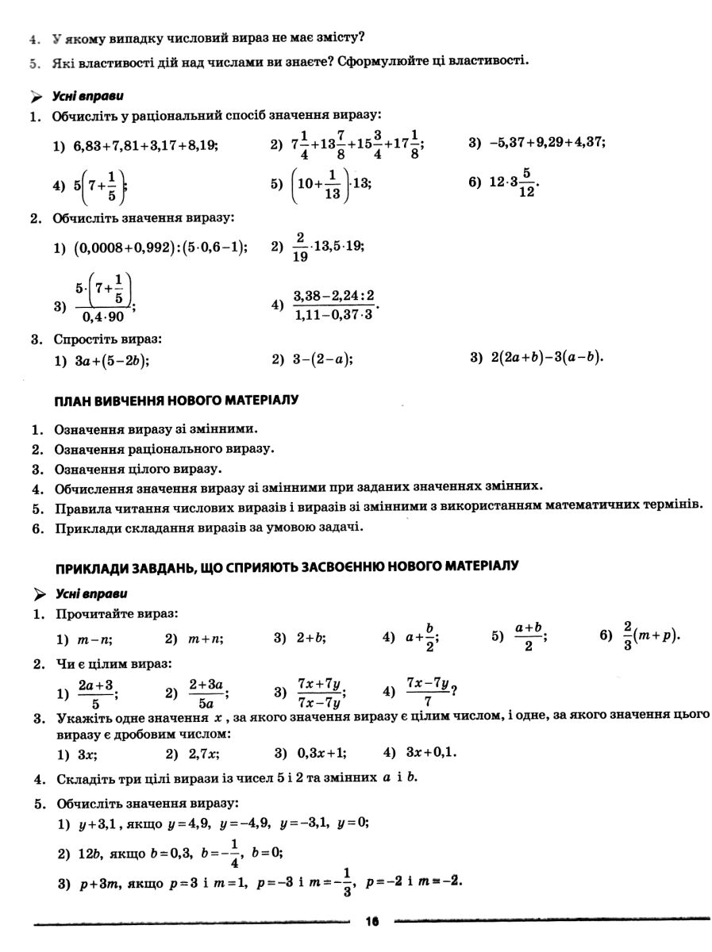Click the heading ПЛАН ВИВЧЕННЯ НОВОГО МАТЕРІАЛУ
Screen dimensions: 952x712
pyautogui.click(x=175, y=400)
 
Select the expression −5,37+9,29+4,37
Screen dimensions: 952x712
pyautogui.click(x=547, y=143)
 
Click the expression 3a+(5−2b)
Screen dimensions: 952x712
pyautogui.click(x=112, y=359)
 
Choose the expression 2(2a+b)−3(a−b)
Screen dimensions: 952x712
pyautogui.click(x=547, y=358)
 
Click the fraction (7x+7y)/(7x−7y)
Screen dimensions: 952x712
pyautogui.click(x=320, y=693)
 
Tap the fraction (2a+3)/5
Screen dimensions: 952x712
pyautogui.click(x=96, y=693)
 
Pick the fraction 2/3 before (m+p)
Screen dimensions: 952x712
pyautogui.click(x=627, y=637)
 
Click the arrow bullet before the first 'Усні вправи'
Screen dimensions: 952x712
pyautogui.click(x=37, y=97)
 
